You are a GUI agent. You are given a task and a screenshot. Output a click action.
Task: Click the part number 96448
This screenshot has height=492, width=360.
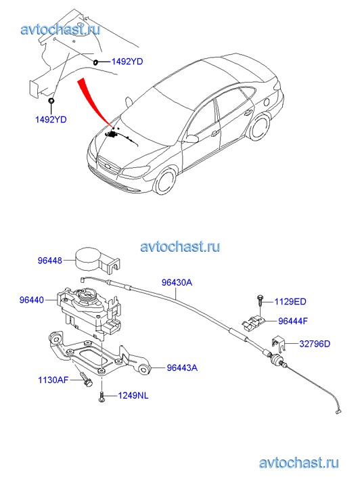click(x=50, y=261)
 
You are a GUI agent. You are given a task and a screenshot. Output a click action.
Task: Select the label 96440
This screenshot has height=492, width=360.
click(x=32, y=300)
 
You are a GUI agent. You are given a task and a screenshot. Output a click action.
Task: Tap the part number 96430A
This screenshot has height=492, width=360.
click(x=177, y=282)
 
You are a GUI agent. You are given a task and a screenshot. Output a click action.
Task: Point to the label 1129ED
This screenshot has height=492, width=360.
click(x=290, y=302)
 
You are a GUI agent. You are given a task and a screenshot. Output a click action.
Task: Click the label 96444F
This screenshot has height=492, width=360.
click(x=293, y=321)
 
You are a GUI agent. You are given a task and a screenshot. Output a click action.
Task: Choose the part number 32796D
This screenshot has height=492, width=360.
click(x=315, y=344)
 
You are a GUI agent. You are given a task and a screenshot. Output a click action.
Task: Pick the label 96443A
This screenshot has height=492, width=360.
click(x=182, y=367)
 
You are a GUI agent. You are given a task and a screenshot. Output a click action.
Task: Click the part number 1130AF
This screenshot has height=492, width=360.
click(x=53, y=380)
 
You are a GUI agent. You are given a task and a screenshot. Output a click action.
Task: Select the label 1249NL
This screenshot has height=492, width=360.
click(x=133, y=396)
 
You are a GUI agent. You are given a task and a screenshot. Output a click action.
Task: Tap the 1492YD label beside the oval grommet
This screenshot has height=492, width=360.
click(x=127, y=62)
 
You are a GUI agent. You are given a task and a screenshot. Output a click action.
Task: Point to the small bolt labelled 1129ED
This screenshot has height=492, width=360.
click(x=261, y=300)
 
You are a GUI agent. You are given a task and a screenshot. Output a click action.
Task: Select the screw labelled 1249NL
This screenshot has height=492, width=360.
click(x=102, y=397)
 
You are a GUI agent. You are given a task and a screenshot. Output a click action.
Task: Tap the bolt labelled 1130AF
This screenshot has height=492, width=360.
click(x=87, y=379)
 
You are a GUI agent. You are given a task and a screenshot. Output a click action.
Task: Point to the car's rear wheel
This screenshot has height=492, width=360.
click(x=260, y=127)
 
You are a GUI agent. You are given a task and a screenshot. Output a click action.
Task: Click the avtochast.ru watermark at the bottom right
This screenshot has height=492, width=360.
click(x=299, y=462)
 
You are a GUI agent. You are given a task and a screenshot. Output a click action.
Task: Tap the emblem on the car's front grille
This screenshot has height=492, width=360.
click(x=108, y=166)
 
